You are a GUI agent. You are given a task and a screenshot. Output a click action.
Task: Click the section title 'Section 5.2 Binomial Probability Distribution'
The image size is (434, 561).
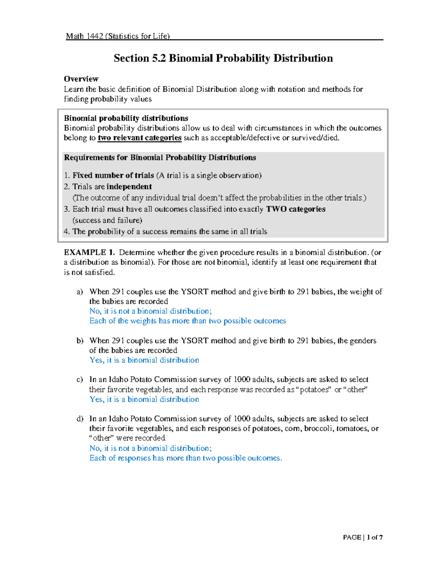point(223,58)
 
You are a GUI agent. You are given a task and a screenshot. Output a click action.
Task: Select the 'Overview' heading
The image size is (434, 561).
point(81,79)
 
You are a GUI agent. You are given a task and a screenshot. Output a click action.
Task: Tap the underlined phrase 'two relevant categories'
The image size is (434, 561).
point(140,138)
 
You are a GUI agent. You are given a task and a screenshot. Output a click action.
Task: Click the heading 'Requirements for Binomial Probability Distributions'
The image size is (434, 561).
point(160,157)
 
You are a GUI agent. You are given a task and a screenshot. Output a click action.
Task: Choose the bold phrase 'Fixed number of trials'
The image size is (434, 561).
point(113,175)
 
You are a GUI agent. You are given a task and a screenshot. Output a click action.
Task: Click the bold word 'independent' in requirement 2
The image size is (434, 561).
point(129,186)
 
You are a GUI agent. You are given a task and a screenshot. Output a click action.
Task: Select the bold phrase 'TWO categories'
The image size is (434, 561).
point(296,209)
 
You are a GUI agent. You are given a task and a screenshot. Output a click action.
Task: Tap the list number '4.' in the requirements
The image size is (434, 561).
point(67,232)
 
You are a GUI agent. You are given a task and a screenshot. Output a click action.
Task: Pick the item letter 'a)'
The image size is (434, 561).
point(80,292)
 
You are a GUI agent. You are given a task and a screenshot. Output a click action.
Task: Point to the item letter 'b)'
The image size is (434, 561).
point(80,341)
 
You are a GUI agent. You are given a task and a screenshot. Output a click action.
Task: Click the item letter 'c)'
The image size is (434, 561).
point(80,380)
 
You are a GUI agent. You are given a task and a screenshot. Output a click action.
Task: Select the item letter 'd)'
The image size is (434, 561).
point(80,419)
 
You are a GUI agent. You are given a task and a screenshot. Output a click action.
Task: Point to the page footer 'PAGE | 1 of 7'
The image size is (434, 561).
point(363,537)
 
